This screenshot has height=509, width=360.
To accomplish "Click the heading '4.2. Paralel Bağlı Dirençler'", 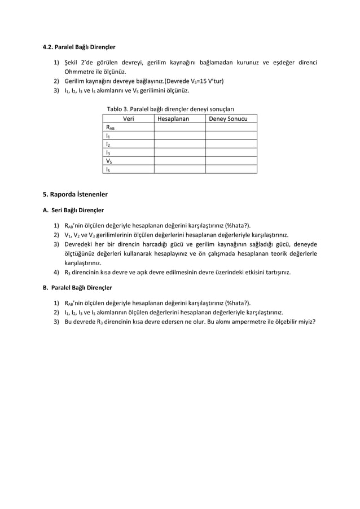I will click(80, 47).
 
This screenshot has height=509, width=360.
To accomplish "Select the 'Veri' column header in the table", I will click(128, 119).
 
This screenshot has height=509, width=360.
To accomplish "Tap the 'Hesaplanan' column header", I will click(179, 119).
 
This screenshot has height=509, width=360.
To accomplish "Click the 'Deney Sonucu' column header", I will click(231, 119).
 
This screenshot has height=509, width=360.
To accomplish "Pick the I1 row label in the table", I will click(108, 136).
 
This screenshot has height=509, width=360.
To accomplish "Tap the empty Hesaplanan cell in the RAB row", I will click(179, 128).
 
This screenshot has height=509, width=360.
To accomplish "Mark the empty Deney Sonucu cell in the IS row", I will click(231, 169).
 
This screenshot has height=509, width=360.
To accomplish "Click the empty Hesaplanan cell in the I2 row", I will click(179, 144).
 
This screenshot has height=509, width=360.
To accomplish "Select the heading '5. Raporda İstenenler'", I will click(76, 195).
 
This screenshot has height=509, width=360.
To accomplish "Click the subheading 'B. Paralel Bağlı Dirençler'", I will click(78, 287).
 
